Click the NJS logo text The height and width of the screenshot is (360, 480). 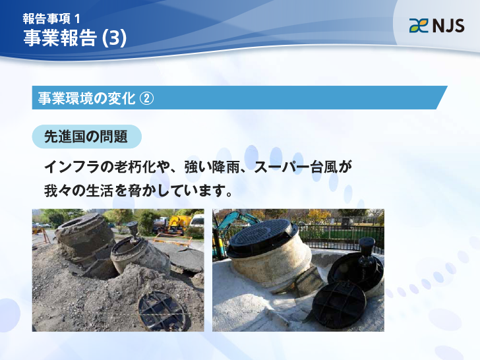tap(448, 26)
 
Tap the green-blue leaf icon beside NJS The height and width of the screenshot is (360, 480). tap(419, 26)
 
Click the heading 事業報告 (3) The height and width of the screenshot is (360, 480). tap(75, 38)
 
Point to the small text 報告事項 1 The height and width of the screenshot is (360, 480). tap(51, 18)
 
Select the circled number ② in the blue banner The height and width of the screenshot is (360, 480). tap(146, 99)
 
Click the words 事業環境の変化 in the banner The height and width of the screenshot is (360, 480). tap(86, 99)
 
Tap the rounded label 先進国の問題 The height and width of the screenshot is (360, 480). tap(86, 136)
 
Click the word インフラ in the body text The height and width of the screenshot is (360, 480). tap(73, 167)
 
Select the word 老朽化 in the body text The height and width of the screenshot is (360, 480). tap(135, 167)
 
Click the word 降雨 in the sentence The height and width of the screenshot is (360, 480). tap(226, 167)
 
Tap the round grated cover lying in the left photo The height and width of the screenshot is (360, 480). tap(162, 312)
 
